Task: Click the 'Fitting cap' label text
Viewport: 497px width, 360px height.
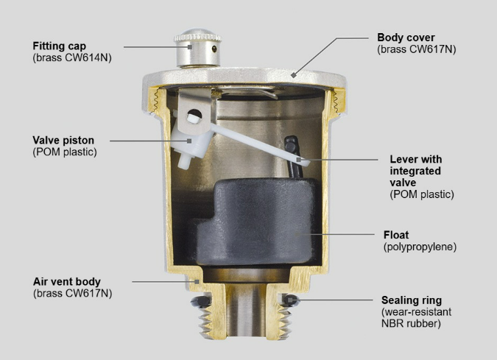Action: (x=60, y=46)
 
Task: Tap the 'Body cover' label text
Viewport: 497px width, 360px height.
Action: (x=406, y=38)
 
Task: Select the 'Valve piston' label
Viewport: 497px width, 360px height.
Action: (x=63, y=141)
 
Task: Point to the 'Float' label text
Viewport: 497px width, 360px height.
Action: (x=396, y=235)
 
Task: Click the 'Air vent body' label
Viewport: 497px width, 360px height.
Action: (x=67, y=282)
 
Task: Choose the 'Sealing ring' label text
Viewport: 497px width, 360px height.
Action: (x=412, y=300)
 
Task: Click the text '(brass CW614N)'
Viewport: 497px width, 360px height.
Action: (x=72, y=58)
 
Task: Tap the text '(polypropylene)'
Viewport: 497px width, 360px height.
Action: (x=420, y=247)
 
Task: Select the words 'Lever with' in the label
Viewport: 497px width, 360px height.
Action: (x=416, y=159)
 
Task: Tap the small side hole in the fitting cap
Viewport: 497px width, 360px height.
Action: (x=214, y=49)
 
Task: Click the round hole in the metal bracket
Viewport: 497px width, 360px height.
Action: (x=194, y=114)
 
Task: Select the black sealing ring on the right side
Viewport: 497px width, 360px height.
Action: (x=290, y=300)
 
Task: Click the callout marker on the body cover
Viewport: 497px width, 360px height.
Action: (x=294, y=75)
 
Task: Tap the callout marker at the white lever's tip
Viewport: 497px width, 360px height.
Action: (x=299, y=160)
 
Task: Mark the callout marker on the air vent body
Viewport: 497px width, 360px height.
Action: (x=197, y=282)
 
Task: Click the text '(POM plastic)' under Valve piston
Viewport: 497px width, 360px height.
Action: (x=65, y=152)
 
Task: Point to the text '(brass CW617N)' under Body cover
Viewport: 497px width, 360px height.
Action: (x=417, y=49)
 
